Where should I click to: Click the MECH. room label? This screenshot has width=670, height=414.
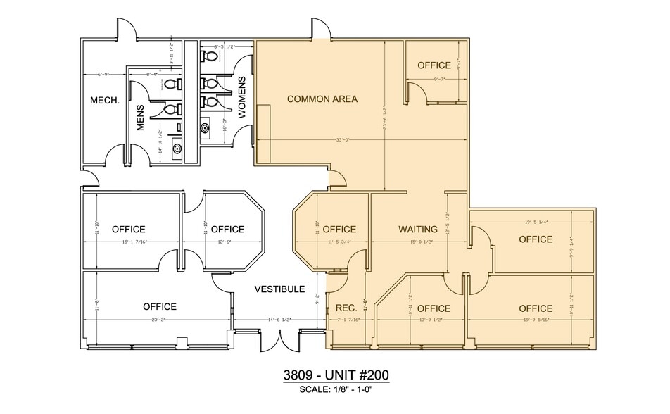(x=105, y=101)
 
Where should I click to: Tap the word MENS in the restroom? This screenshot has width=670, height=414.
(x=139, y=118)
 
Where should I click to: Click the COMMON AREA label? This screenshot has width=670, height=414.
(x=322, y=99)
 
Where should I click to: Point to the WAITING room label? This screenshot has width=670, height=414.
(x=418, y=230)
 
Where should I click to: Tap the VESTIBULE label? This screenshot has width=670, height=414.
(x=279, y=289)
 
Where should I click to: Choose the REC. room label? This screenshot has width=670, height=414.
(x=346, y=308)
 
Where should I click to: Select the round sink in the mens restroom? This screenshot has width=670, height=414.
(x=177, y=149)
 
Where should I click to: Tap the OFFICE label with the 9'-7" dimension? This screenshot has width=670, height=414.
(x=434, y=65)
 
